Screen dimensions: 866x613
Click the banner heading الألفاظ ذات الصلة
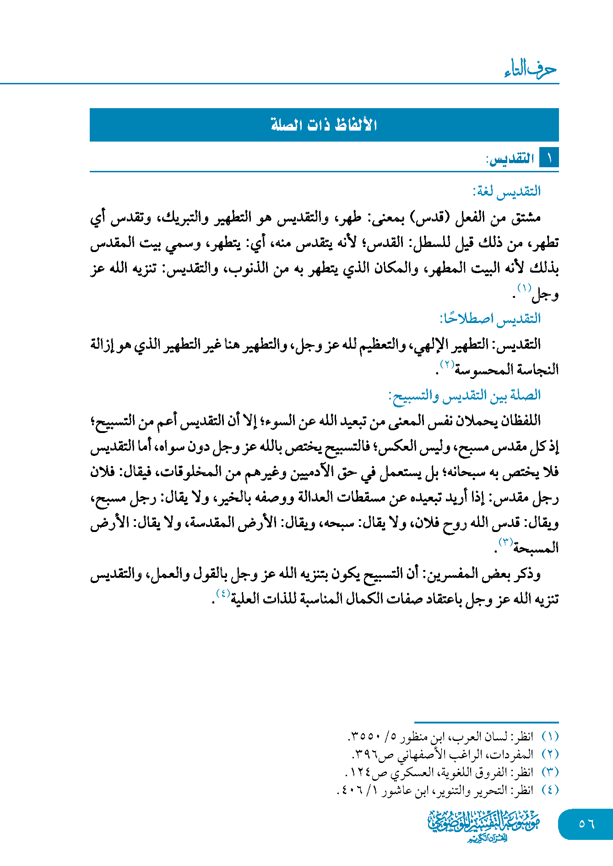(324, 125)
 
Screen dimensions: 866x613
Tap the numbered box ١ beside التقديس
(549, 159)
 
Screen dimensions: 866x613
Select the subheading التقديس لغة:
(506, 191)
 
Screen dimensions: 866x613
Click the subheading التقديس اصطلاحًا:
(490, 318)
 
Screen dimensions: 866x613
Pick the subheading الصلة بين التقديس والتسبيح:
(464, 395)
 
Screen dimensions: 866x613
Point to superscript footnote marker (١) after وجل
(524, 288)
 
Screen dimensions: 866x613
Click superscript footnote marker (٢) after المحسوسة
(447, 364)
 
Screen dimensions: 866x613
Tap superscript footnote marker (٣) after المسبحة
(505, 542)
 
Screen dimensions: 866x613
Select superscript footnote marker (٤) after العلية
(222, 593)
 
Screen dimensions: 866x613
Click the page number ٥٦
(586, 824)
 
